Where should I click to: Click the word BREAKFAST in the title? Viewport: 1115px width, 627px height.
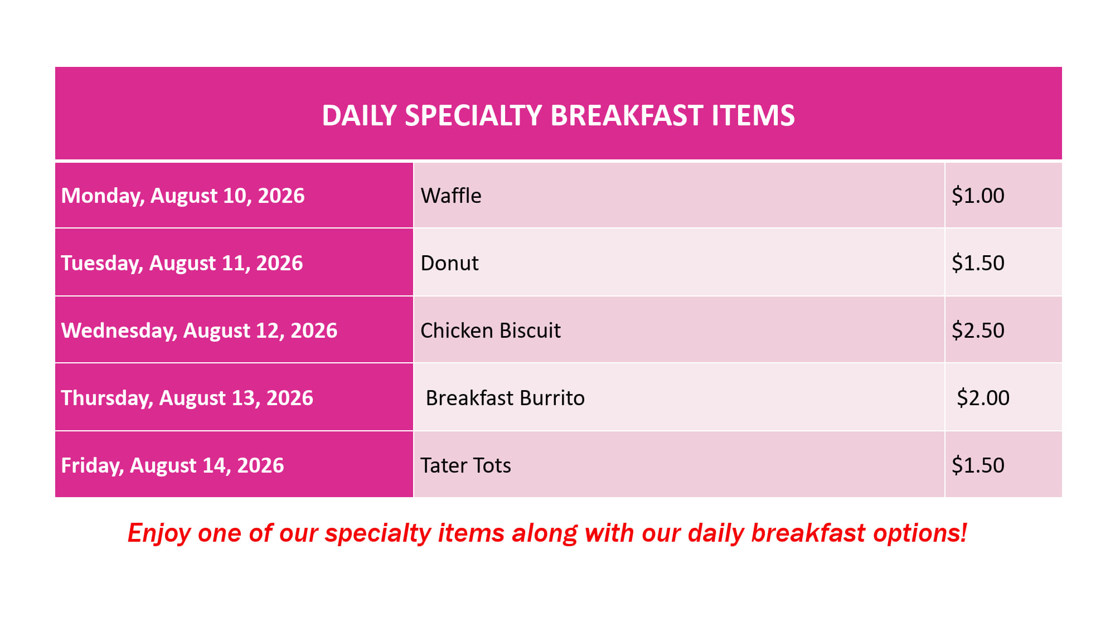coord(627,116)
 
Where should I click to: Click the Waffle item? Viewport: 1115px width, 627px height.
coord(451,196)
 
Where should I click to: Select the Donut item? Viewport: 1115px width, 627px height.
coord(449,263)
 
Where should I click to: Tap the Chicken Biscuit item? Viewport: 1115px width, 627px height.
coord(491,330)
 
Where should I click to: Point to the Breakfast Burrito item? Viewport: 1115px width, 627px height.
coord(505,398)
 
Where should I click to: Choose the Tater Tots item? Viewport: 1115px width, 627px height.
coord(466,465)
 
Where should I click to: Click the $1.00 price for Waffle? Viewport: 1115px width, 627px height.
coord(978,196)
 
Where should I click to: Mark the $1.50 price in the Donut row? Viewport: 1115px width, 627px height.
coord(978,263)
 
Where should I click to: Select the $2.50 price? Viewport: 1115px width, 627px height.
coord(978,330)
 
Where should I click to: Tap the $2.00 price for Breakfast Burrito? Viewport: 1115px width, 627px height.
coord(983,398)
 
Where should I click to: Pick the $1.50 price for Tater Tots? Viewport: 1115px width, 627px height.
coord(978,465)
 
